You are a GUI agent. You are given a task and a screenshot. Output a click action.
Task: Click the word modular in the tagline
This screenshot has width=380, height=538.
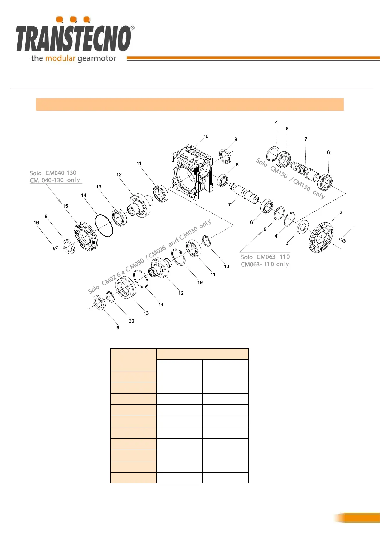[x=60, y=58]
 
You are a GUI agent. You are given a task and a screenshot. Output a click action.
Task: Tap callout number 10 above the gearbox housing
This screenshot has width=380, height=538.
[x=206, y=136]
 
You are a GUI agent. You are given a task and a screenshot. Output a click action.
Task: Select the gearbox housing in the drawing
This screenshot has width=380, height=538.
[x=192, y=172]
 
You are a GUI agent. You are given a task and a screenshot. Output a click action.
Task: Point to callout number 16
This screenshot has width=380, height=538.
[x=36, y=223]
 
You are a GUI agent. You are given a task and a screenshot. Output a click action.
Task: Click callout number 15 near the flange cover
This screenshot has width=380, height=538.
[x=65, y=206]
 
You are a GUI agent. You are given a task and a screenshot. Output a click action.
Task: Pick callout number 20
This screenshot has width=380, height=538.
[x=131, y=321]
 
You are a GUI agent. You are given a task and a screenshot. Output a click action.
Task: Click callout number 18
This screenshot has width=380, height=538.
[x=227, y=266]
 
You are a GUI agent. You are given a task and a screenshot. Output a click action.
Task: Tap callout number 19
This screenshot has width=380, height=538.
[x=200, y=282]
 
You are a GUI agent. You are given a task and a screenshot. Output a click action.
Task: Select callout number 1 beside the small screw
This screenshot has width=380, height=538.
[x=354, y=228]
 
